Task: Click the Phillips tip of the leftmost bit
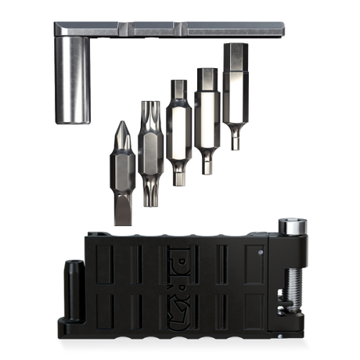coord(121,129)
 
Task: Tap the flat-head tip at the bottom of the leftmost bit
coord(121,214)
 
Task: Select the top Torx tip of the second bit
coord(149,111)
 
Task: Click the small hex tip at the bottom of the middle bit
coord(179,178)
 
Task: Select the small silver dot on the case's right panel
coord(259,254)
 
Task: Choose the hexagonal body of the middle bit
coord(178,133)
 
